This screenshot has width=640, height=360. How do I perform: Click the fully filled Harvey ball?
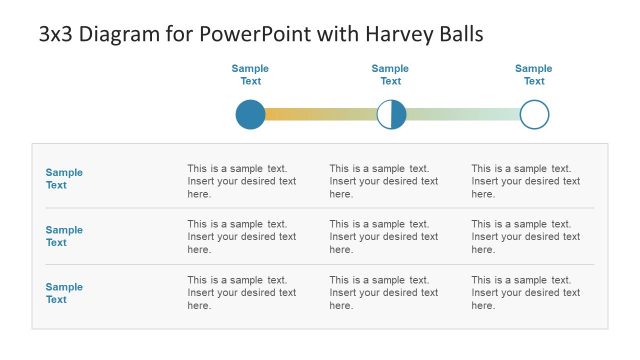click(x=250, y=115)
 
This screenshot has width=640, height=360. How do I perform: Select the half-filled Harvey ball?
click(x=391, y=115)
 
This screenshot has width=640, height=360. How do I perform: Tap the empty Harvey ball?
click(x=535, y=115)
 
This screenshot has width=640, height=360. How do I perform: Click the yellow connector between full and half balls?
click(x=320, y=115)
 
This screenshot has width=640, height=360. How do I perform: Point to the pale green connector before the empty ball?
click(x=464, y=115)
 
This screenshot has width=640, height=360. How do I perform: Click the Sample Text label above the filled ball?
click(x=250, y=75)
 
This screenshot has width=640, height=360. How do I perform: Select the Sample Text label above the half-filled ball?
click(x=391, y=75)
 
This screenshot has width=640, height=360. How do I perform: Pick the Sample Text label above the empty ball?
click(x=534, y=75)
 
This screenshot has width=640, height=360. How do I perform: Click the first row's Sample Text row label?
click(x=64, y=179)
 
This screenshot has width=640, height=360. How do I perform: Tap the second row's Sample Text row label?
click(x=64, y=236)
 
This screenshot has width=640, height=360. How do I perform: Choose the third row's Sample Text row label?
click(x=64, y=293)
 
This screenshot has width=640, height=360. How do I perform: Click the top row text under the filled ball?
click(x=242, y=181)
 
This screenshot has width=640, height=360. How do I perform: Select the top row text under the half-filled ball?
click(x=384, y=181)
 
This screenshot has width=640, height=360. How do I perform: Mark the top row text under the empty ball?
click(x=526, y=181)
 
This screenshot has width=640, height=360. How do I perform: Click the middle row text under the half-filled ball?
click(x=384, y=237)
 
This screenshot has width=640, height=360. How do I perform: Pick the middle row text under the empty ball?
click(x=526, y=237)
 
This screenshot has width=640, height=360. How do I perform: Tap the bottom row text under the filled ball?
click(x=242, y=293)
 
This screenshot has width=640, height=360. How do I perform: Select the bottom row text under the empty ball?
click(x=526, y=293)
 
